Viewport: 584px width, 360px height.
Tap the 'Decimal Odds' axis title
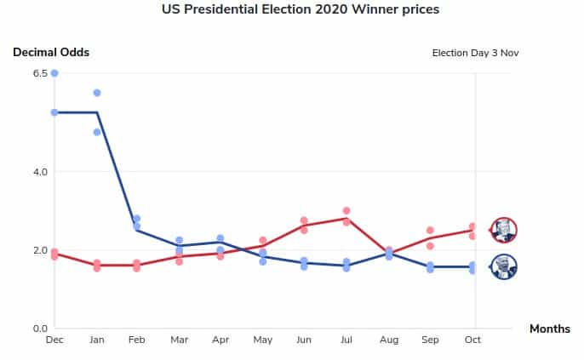pyautogui.click(x=51, y=52)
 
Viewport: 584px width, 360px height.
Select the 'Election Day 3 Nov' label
pyautogui.click(x=475, y=53)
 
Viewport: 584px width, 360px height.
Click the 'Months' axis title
pyautogui.click(x=549, y=329)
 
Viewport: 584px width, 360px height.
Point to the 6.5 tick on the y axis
pyautogui.click(x=40, y=73)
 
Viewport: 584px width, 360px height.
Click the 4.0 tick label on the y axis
pyautogui.click(x=40, y=172)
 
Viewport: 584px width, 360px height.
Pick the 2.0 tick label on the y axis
pyautogui.click(x=40, y=250)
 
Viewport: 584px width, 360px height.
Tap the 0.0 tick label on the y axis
pyautogui.click(x=40, y=329)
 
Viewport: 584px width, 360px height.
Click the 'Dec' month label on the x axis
pyautogui.click(x=54, y=340)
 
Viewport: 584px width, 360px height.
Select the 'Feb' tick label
pyautogui.click(x=137, y=340)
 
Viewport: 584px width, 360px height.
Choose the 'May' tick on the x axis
pyautogui.click(x=263, y=340)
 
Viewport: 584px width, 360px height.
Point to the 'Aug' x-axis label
pyautogui.click(x=389, y=340)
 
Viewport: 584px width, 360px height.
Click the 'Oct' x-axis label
pyautogui.click(x=472, y=340)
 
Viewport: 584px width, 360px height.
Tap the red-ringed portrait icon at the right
pyautogui.click(x=504, y=230)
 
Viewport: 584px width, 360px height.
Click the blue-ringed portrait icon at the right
pyautogui.click(x=504, y=266)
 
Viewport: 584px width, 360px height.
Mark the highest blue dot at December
pyautogui.click(x=54, y=73)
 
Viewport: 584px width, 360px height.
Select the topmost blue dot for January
pyautogui.click(x=97, y=93)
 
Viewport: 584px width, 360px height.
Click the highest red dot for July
pyautogui.click(x=346, y=210)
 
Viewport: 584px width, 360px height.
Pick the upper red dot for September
pyautogui.click(x=431, y=230)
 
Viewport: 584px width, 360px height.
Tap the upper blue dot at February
pyautogui.click(x=136, y=219)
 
